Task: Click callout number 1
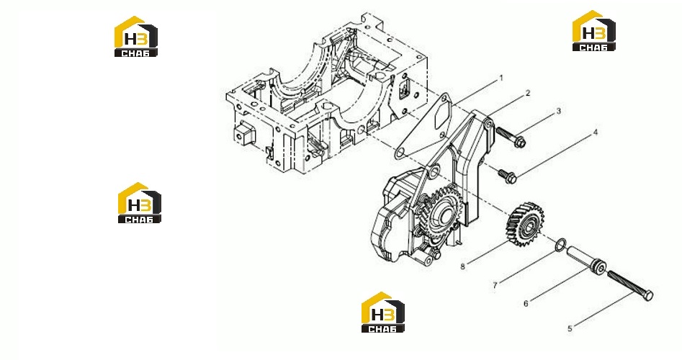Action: (x=501, y=78)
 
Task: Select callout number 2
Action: (x=528, y=93)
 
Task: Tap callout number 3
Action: (x=559, y=112)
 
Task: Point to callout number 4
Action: (x=596, y=132)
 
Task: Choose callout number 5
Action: (x=570, y=328)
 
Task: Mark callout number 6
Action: (x=526, y=303)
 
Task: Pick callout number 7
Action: (x=495, y=285)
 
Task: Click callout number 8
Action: (x=463, y=266)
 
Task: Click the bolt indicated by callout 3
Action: (x=511, y=136)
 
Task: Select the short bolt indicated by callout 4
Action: (x=507, y=175)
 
